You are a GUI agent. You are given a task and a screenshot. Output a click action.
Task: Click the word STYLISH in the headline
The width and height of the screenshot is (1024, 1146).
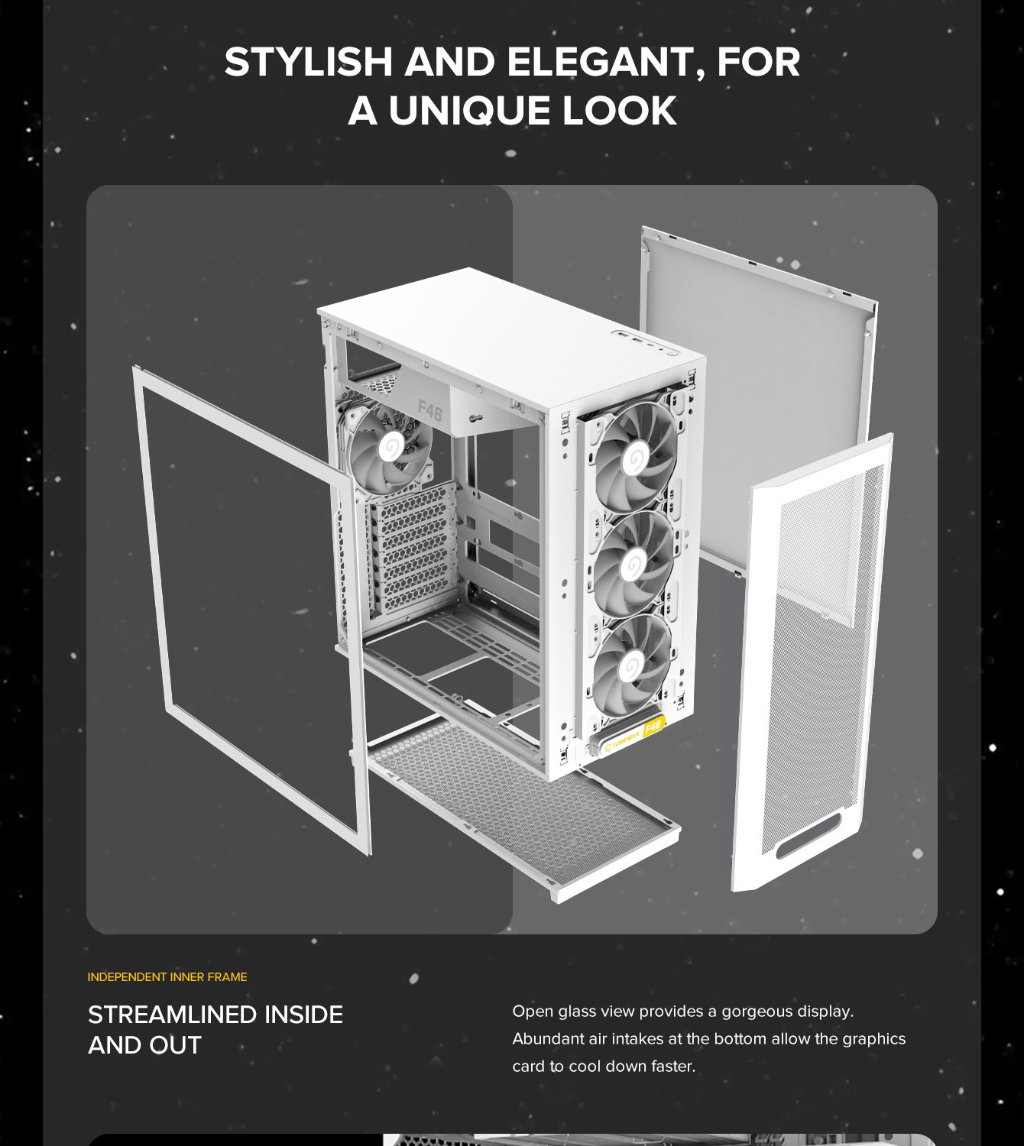point(308,62)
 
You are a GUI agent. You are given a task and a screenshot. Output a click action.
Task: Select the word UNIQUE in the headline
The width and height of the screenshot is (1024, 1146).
point(469,110)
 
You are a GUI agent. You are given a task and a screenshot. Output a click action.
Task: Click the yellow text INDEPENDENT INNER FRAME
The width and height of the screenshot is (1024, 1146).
point(167,977)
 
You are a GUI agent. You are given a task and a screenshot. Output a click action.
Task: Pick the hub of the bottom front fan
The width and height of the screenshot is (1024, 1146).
point(630,668)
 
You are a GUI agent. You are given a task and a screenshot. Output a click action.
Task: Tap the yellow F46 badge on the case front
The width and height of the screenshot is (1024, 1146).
point(653,727)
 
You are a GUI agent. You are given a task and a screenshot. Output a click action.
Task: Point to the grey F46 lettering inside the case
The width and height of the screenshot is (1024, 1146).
point(430,410)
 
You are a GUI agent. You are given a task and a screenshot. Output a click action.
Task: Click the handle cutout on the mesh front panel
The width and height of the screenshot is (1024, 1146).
point(809,837)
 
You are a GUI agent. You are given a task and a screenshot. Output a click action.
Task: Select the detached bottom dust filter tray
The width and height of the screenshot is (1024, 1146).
point(523,809)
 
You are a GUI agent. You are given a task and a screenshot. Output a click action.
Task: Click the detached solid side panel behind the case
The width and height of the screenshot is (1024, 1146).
point(758,396)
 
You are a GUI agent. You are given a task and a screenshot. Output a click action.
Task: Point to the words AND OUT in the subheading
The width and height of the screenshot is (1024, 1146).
point(145,1045)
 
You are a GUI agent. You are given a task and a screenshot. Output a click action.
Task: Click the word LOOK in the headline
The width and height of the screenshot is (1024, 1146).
point(620,110)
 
